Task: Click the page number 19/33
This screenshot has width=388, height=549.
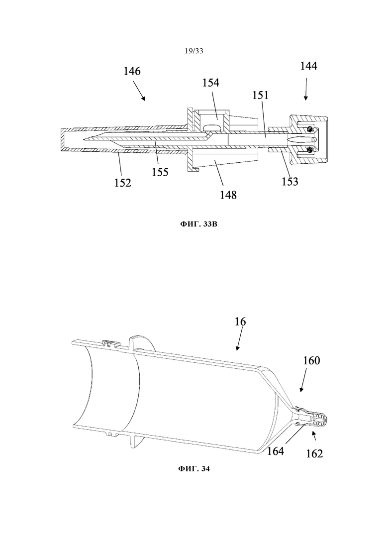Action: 194,51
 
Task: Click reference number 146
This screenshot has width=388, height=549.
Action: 132,71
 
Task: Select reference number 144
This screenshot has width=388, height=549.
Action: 308,66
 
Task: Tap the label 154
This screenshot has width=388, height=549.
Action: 210,83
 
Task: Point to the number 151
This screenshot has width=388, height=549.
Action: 261,95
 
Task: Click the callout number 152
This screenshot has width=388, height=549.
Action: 123,182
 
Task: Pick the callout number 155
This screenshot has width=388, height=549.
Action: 160,172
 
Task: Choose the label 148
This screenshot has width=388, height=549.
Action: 228,195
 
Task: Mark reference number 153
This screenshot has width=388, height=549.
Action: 290,181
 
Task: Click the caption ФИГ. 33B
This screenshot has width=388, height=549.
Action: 198,224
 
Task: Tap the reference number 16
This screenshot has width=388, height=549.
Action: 240,321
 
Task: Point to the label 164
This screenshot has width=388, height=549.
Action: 276,451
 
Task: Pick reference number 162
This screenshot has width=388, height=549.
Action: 314,453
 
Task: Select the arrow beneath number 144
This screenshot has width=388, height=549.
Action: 306,89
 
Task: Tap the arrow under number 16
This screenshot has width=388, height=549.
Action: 240,338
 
